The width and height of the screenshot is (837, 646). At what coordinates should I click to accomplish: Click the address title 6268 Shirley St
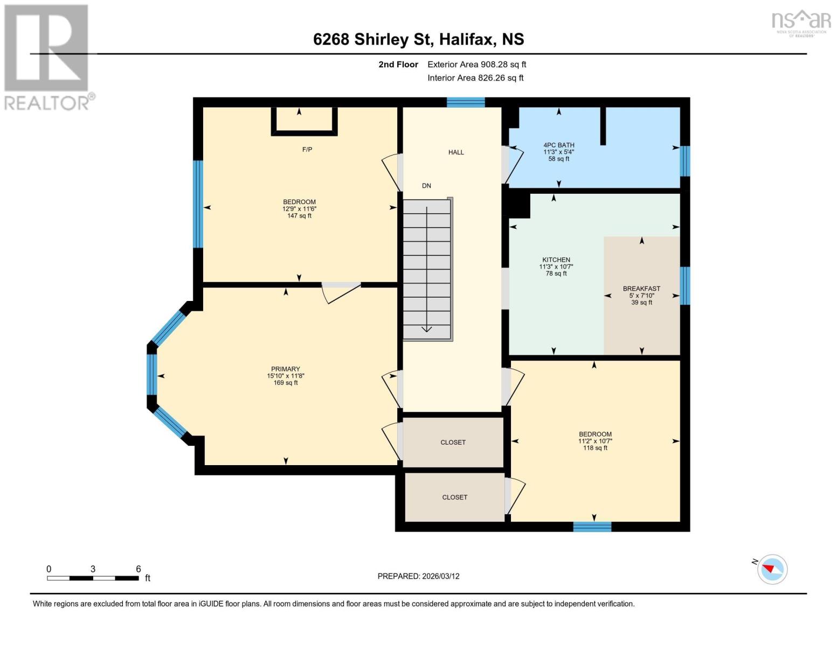(418, 39)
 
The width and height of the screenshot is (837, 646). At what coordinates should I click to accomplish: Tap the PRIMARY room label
(285, 369)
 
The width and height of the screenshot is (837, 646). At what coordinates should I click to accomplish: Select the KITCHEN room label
(556, 259)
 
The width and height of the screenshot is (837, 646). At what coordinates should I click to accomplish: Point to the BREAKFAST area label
(641, 289)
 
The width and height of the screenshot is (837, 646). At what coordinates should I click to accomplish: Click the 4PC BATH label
(558, 145)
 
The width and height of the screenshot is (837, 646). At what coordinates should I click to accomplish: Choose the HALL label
(456, 152)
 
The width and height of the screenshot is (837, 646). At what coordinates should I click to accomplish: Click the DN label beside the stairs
(426, 186)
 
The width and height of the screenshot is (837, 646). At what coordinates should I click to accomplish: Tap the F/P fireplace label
(307, 150)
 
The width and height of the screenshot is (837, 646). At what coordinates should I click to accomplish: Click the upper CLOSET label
(453, 443)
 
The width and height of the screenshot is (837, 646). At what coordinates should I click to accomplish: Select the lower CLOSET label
(454, 497)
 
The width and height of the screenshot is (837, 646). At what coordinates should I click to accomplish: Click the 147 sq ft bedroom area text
(299, 216)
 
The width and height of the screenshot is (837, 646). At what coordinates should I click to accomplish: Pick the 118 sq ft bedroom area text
(595, 448)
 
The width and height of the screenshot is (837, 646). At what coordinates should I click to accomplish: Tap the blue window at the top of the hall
(466, 102)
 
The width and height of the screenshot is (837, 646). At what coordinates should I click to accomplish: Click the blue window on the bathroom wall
(684, 161)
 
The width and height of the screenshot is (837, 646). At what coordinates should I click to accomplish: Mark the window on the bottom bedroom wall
(592, 526)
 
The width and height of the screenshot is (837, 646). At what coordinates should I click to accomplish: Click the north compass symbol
(772, 569)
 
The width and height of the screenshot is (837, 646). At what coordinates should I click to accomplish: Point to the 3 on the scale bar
(93, 569)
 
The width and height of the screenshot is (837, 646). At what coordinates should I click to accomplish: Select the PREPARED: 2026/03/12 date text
(418, 576)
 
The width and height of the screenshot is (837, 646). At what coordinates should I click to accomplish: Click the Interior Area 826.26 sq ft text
(475, 78)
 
